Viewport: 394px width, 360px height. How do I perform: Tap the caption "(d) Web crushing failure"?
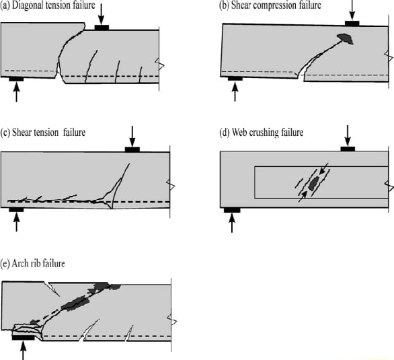tap(262, 133)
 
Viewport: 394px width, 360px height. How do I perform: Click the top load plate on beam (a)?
tap(102, 28)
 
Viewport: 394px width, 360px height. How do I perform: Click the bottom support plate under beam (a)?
tap(16, 79)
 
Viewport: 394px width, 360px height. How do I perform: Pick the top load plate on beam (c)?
tap(132, 149)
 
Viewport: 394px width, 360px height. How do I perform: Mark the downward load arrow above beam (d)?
tap(347, 134)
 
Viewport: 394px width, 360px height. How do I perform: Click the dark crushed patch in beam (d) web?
tap(312, 183)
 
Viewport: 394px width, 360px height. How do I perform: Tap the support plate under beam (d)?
tap(232, 210)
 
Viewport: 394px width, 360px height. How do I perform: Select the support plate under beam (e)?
tap(24, 337)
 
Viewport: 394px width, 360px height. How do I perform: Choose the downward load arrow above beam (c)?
tap(132, 135)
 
